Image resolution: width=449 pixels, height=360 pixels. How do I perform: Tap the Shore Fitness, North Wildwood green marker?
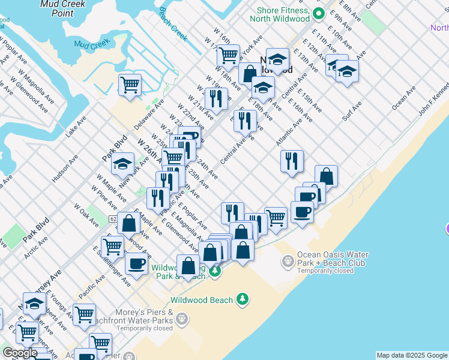[x=319, y=13]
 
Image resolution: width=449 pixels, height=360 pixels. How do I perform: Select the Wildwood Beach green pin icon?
[x=243, y=299]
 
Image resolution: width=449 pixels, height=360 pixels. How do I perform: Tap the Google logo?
[x=19, y=353]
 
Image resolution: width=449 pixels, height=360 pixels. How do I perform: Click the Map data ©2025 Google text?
[x=411, y=355]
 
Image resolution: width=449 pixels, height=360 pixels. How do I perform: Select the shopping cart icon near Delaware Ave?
[x=130, y=84]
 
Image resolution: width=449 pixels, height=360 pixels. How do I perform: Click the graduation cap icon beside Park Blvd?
[x=122, y=163]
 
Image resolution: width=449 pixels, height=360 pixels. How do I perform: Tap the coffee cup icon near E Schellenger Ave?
[x=136, y=263]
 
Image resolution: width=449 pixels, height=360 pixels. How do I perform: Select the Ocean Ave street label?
[x=403, y=100]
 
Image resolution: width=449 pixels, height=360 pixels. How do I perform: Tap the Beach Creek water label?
[x=173, y=26]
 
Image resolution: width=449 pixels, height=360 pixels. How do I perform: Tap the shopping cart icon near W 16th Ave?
[x=228, y=55]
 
